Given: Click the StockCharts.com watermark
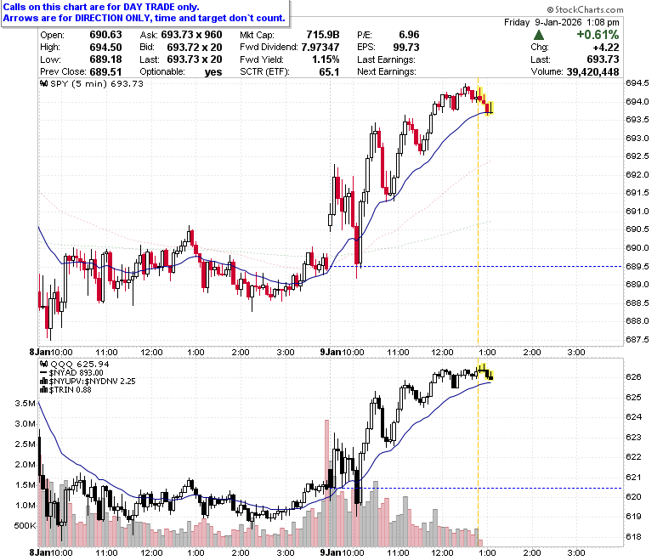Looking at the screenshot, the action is point(585,9).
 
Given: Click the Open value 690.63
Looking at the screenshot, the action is point(105,35).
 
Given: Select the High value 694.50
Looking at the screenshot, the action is point(105,48).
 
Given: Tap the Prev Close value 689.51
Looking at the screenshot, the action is point(105,72).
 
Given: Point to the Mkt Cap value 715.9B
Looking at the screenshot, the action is point(323,35).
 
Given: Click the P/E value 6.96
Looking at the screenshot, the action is point(409,35).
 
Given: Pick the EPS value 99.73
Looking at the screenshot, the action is point(406,48).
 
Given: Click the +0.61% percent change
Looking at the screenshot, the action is point(598,35).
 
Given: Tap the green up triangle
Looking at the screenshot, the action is point(539,35).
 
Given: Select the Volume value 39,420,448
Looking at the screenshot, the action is point(592,72).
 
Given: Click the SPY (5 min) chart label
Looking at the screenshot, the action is point(92,83).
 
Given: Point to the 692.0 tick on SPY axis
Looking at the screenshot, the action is point(637,174).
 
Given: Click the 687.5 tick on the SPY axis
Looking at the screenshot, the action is point(637,339).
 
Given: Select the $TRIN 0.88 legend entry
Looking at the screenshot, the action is point(66,390).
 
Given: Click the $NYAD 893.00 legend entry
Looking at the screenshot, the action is point(72,373).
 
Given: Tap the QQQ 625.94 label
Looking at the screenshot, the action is point(75,364).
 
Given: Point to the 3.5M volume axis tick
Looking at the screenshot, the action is point(25,403).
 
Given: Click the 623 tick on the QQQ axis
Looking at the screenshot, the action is point(633,437).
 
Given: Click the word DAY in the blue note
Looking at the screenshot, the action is point(133,7).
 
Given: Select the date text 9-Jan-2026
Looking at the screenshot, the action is point(558,22).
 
